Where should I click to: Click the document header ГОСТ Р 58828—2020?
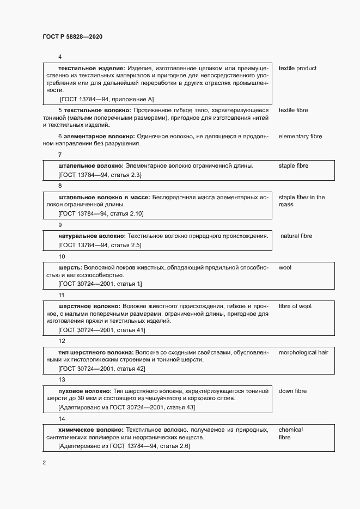[72, 36]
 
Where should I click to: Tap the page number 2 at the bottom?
[45, 463]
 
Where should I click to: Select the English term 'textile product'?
[297, 69]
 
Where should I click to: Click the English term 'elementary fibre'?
[301, 136]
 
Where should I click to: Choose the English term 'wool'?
[285, 268]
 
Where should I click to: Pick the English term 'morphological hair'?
[303, 353]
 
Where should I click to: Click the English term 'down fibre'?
[292, 391]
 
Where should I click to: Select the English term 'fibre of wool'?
[295, 306]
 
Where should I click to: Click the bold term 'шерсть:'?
[70, 268]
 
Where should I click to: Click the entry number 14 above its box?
[62, 419]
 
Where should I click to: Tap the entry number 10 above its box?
[62, 256]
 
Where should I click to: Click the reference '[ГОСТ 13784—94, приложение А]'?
[107, 99]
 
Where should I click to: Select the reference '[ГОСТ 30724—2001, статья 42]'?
[101, 369]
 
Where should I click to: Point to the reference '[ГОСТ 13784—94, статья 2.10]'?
[100, 213]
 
